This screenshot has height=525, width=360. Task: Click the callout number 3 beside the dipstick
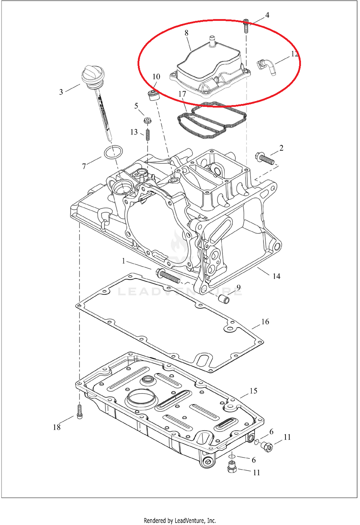[61, 92]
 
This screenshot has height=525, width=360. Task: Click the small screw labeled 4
[246, 25]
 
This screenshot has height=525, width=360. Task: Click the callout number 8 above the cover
[186, 33]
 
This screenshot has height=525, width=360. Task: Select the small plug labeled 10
[154, 96]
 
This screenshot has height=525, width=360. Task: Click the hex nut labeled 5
[147, 120]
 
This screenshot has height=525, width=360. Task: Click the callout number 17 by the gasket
[182, 94]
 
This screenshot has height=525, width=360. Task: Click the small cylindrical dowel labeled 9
[224, 299]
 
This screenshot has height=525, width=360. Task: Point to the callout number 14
[276, 276]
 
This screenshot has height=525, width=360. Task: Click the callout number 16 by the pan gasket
[265, 322]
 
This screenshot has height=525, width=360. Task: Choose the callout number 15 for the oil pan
[253, 391]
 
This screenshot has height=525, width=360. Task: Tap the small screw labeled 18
[80, 411]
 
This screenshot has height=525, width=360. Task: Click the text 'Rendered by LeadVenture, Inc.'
[180, 520]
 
